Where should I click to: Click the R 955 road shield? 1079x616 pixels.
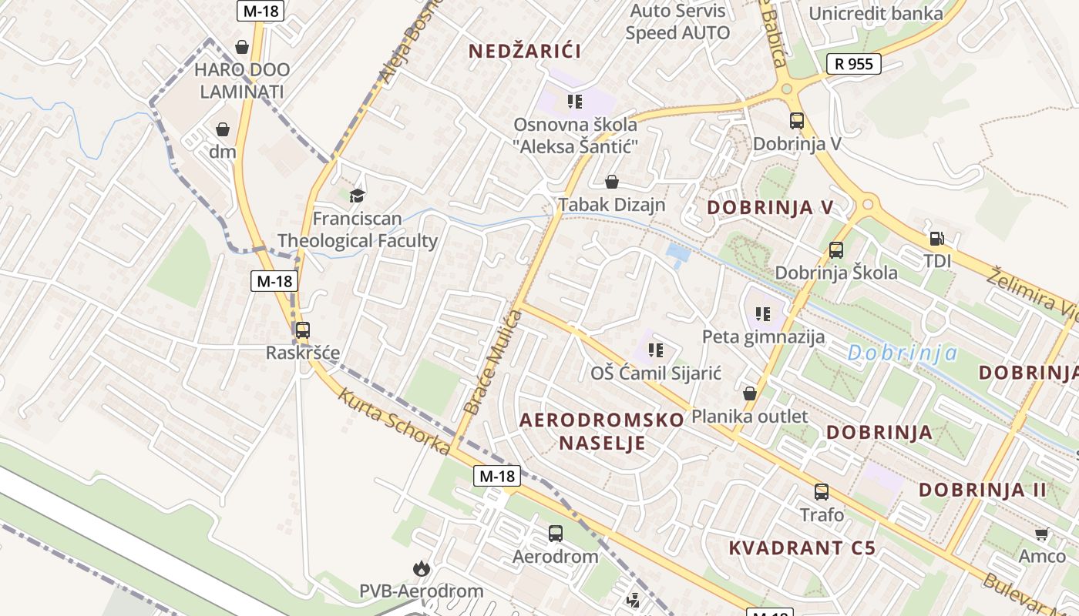(854, 64)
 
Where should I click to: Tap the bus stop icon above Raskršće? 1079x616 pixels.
(303, 330)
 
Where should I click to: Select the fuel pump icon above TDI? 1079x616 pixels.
(937, 239)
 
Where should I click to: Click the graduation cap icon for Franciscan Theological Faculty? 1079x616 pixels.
(357, 196)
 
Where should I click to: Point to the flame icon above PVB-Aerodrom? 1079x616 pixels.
(421, 569)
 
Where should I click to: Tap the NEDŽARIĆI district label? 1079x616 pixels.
(526, 51)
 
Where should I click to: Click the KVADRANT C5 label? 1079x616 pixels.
(802, 548)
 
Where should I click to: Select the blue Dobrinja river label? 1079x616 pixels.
(903, 353)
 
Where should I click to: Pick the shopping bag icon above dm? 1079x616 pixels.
(223, 129)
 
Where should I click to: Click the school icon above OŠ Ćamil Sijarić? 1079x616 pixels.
(656, 351)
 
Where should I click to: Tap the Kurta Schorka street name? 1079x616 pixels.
(394, 422)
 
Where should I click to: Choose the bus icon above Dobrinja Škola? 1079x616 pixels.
(836, 249)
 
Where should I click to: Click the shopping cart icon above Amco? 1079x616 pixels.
(1042, 534)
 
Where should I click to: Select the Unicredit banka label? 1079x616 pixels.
(876, 13)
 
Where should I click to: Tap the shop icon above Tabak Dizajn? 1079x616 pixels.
(612, 182)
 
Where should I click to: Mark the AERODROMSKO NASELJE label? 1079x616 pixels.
(602, 431)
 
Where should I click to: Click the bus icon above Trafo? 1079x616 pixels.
(822, 492)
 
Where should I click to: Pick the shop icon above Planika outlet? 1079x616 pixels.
(749, 394)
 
